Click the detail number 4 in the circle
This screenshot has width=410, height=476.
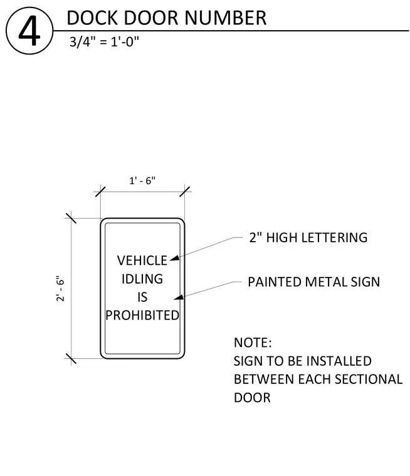pos(29,31)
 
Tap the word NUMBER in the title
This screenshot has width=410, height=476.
pos(225,18)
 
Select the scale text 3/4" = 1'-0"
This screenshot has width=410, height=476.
pos(104,41)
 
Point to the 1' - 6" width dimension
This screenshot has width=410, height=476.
pos(142,180)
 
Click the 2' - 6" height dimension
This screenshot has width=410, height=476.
pos(60,288)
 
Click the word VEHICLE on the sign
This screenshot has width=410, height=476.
pos(142,261)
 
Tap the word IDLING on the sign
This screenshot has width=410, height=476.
pos(142,279)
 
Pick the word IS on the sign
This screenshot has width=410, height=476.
pos(142,297)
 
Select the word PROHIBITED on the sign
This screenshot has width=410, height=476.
pos(142,316)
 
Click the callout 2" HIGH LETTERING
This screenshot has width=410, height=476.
pos(308,237)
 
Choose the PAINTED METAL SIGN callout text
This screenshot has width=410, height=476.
pos(313,282)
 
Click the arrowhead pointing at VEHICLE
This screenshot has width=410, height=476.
pos(174,258)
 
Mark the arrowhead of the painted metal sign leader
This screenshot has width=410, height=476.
pos(179,297)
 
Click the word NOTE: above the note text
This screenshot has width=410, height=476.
pos(253,343)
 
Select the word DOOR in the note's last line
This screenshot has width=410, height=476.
pos(252,398)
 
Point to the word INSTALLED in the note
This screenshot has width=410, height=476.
pos(339,361)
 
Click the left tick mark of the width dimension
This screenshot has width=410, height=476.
pos(100,192)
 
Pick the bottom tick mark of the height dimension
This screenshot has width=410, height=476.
pos(71,358)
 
